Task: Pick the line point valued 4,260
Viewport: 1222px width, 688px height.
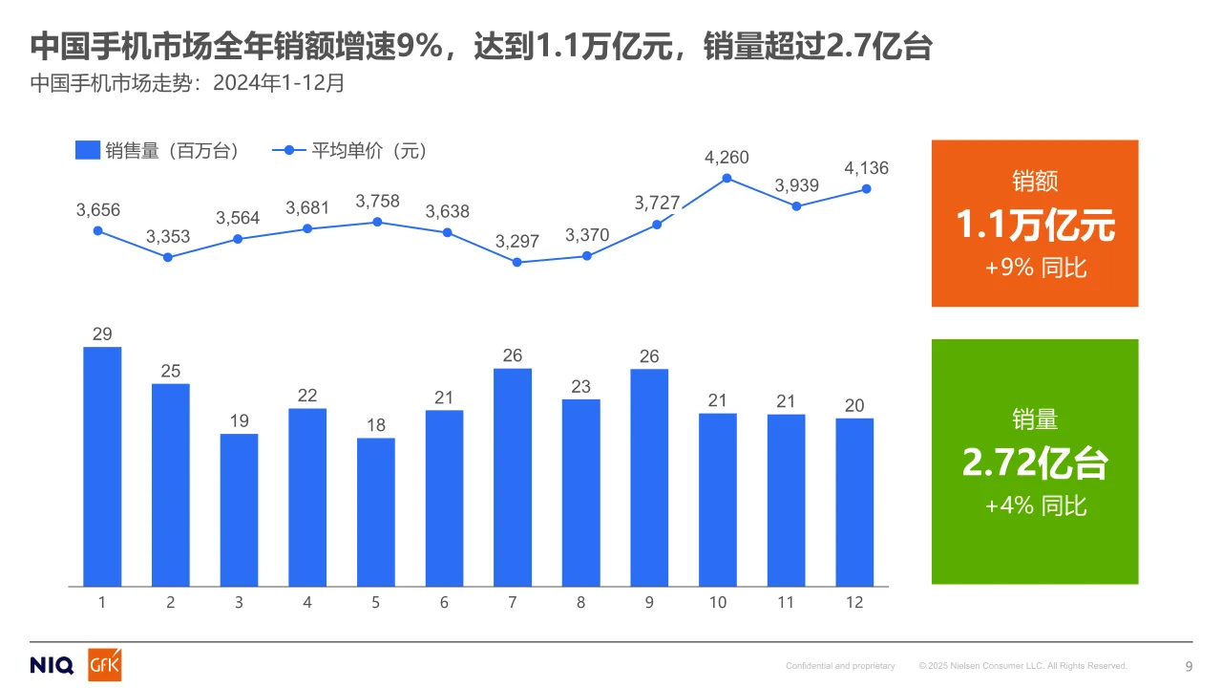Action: (727, 178)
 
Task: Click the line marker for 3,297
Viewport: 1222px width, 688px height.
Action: (516, 262)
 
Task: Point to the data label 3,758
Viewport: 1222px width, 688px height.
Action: (377, 202)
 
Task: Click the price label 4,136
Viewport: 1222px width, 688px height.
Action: (866, 168)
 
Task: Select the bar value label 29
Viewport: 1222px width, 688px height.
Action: (102, 334)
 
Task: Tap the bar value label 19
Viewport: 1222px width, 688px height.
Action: (239, 421)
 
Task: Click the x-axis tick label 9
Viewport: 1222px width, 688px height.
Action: (649, 603)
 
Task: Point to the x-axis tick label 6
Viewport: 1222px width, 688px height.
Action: (444, 603)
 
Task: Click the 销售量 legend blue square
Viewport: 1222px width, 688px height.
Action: (87, 151)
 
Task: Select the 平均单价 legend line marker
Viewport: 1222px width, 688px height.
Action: (288, 151)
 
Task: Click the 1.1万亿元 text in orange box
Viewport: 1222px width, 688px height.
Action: (1035, 226)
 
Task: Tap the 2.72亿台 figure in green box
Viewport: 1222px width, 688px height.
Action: (1035, 463)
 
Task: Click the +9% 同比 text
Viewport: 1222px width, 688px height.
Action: (1035, 268)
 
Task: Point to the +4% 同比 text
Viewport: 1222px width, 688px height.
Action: (1035, 505)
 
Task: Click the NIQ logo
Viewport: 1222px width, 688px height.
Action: (52, 666)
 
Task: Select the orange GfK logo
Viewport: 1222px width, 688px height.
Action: (105, 665)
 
